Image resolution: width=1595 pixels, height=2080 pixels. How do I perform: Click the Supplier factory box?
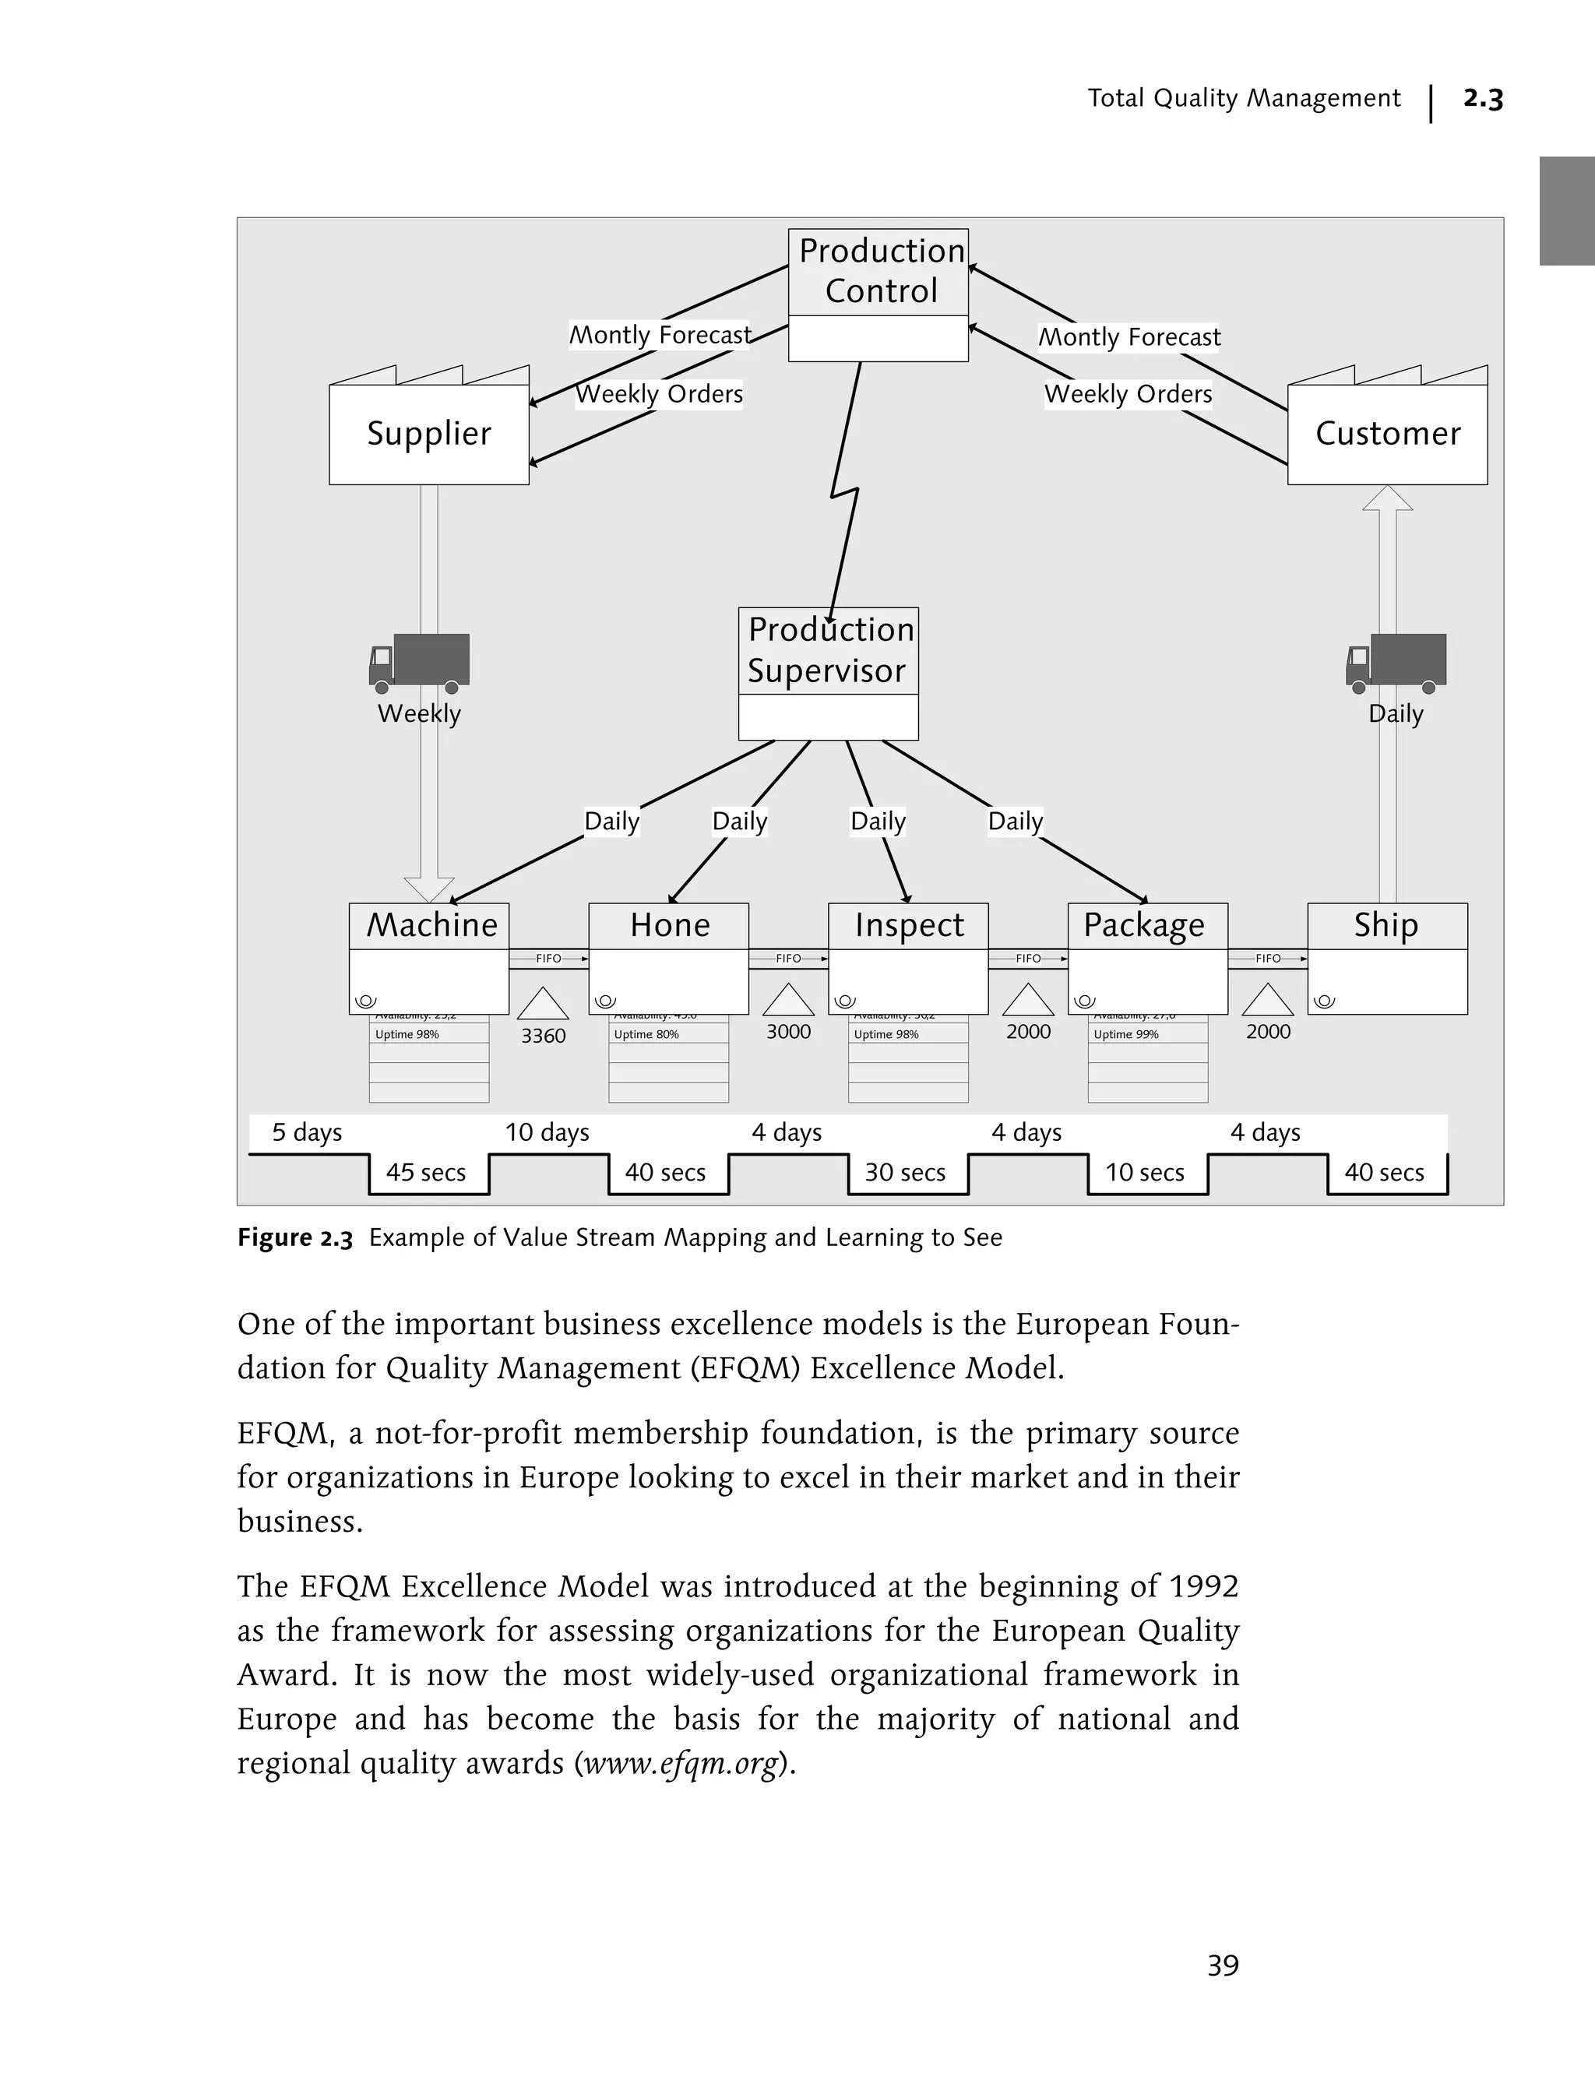[428, 434]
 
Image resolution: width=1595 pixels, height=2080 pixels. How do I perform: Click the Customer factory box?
[1387, 434]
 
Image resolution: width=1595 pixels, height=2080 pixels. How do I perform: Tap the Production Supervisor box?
[828, 651]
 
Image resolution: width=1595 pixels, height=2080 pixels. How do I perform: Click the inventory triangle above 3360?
[543, 1005]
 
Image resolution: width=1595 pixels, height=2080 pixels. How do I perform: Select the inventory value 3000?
[788, 1032]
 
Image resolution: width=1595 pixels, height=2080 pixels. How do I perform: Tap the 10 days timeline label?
[547, 1132]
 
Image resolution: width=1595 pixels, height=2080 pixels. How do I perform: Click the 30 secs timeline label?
[905, 1173]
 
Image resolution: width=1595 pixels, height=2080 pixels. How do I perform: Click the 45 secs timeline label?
[425, 1173]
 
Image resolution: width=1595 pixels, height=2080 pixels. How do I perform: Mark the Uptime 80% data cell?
[646, 1035]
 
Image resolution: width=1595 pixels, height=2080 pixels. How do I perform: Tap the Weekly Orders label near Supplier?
[659, 394]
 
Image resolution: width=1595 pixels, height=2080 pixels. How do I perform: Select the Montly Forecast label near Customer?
[1128, 337]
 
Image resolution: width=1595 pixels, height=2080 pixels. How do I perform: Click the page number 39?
[1223, 1965]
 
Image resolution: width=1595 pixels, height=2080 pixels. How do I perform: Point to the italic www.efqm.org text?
[681, 1763]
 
